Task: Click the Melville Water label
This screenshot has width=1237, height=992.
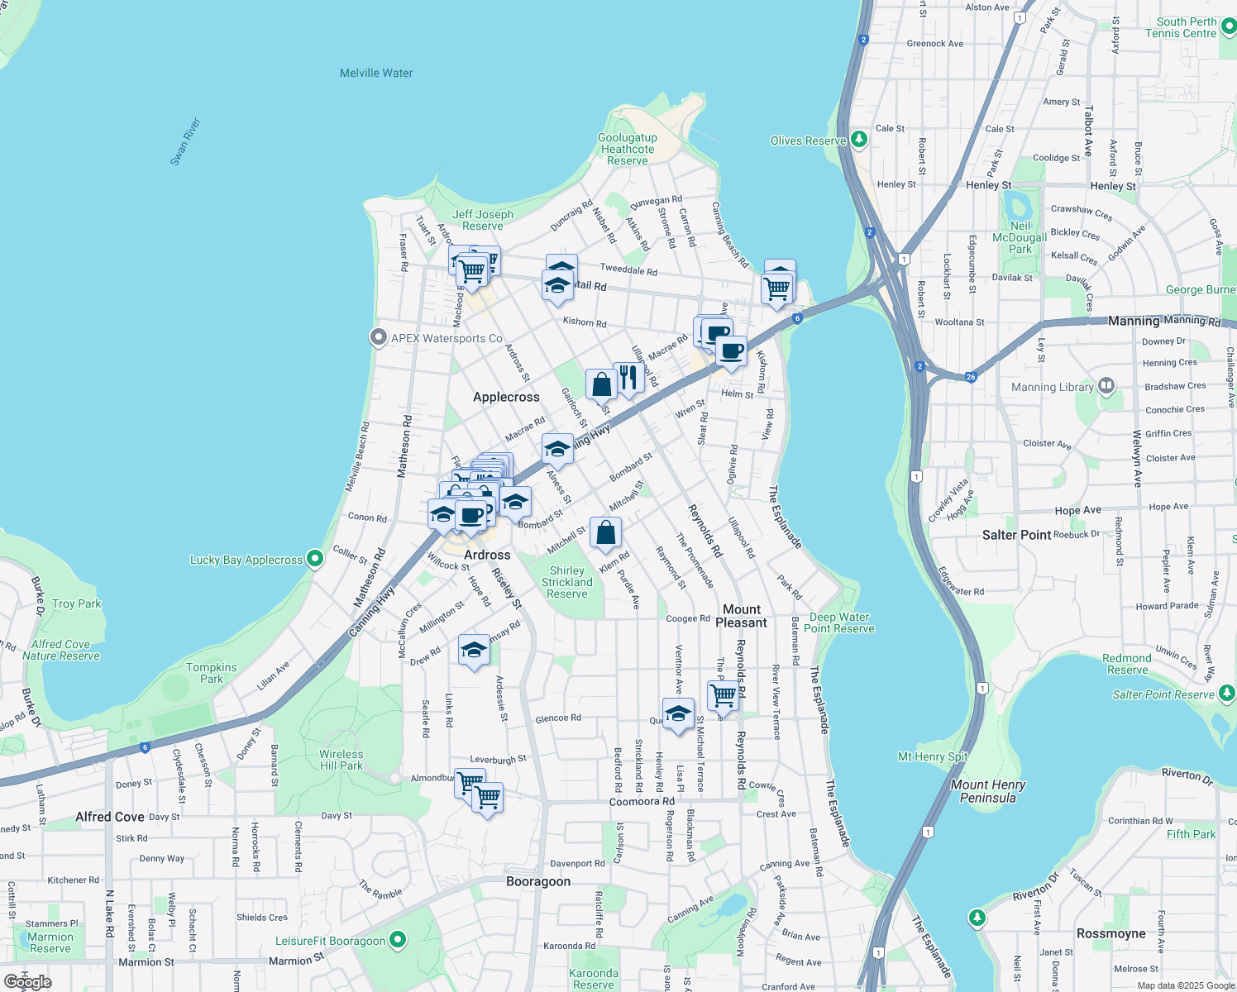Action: [x=376, y=73]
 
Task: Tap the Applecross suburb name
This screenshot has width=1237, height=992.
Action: [x=506, y=397]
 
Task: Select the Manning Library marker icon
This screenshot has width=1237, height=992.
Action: [x=1106, y=386]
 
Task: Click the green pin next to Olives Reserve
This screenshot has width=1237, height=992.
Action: [x=859, y=139]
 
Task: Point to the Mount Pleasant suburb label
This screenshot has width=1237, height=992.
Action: [x=742, y=616]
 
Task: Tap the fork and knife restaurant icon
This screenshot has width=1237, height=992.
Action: [x=629, y=377]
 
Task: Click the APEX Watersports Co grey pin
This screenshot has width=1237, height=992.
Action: [x=379, y=337]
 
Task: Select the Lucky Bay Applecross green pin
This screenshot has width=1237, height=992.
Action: [x=315, y=559]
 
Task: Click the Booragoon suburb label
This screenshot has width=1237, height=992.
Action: [x=538, y=881]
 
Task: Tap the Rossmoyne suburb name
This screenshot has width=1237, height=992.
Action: [x=1111, y=933]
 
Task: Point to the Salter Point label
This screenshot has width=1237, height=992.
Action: [x=1017, y=535]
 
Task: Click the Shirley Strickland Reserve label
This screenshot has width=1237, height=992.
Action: [x=567, y=582]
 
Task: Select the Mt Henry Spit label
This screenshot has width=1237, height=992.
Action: [x=933, y=756]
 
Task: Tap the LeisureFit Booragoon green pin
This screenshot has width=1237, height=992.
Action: [x=398, y=940]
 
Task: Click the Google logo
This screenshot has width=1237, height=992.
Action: [x=28, y=981]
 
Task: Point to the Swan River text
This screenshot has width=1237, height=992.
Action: [x=186, y=141]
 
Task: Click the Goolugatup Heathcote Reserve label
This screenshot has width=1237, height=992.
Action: [x=628, y=149]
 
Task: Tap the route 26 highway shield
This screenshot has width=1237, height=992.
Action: [x=971, y=377]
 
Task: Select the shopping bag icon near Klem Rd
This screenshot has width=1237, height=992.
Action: [x=605, y=533]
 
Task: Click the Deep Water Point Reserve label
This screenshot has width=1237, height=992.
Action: [x=839, y=622]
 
